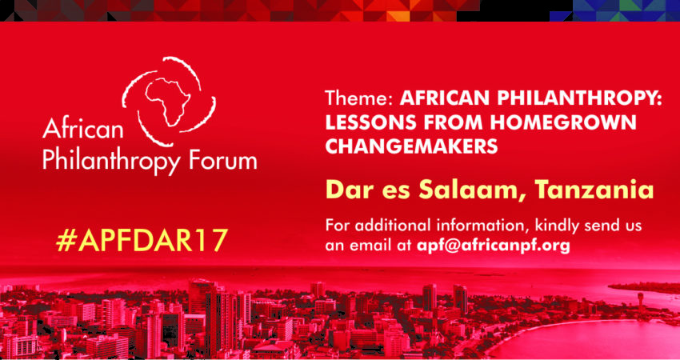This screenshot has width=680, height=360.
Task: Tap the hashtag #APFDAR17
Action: [142, 240]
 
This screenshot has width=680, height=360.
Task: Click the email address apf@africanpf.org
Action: [493, 246]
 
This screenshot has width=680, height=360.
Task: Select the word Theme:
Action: [359, 98]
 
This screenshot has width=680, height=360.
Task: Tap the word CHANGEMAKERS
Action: [411, 147]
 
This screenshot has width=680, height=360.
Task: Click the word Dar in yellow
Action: [344, 190]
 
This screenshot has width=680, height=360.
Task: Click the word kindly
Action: [561, 226]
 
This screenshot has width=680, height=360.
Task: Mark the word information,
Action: [488, 227]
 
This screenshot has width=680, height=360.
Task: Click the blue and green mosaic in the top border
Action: [614, 10]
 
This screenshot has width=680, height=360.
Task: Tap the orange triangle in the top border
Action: [398, 16]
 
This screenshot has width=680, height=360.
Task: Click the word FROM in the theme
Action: [443, 122]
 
